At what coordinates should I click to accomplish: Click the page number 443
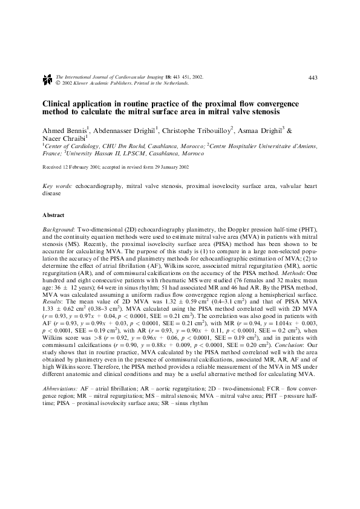click(x=313, y=77)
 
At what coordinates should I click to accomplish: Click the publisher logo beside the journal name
click(x=47, y=79)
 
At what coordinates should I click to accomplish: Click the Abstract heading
click(x=53, y=215)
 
